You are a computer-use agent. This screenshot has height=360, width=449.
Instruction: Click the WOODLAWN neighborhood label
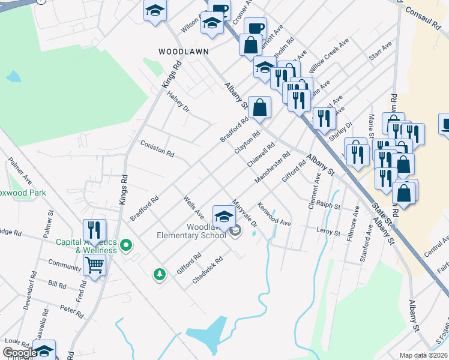[179, 52]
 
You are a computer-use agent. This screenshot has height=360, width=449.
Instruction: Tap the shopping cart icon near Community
[94, 265]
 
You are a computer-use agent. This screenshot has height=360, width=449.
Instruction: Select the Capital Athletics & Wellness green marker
[126, 245]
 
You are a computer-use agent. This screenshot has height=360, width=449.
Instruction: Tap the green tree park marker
[159, 274]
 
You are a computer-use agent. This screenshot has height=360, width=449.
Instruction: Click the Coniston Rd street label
[157, 149]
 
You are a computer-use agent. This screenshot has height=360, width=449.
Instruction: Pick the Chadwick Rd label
[208, 271]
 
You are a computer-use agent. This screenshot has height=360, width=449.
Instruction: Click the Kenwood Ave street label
[274, 217]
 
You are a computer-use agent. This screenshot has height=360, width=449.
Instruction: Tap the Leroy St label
[328, 231]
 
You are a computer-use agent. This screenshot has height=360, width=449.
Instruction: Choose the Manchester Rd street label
[272, 170]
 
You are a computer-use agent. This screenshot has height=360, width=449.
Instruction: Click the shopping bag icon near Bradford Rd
[259, 108]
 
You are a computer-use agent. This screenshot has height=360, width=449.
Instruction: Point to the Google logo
[20, 353]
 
